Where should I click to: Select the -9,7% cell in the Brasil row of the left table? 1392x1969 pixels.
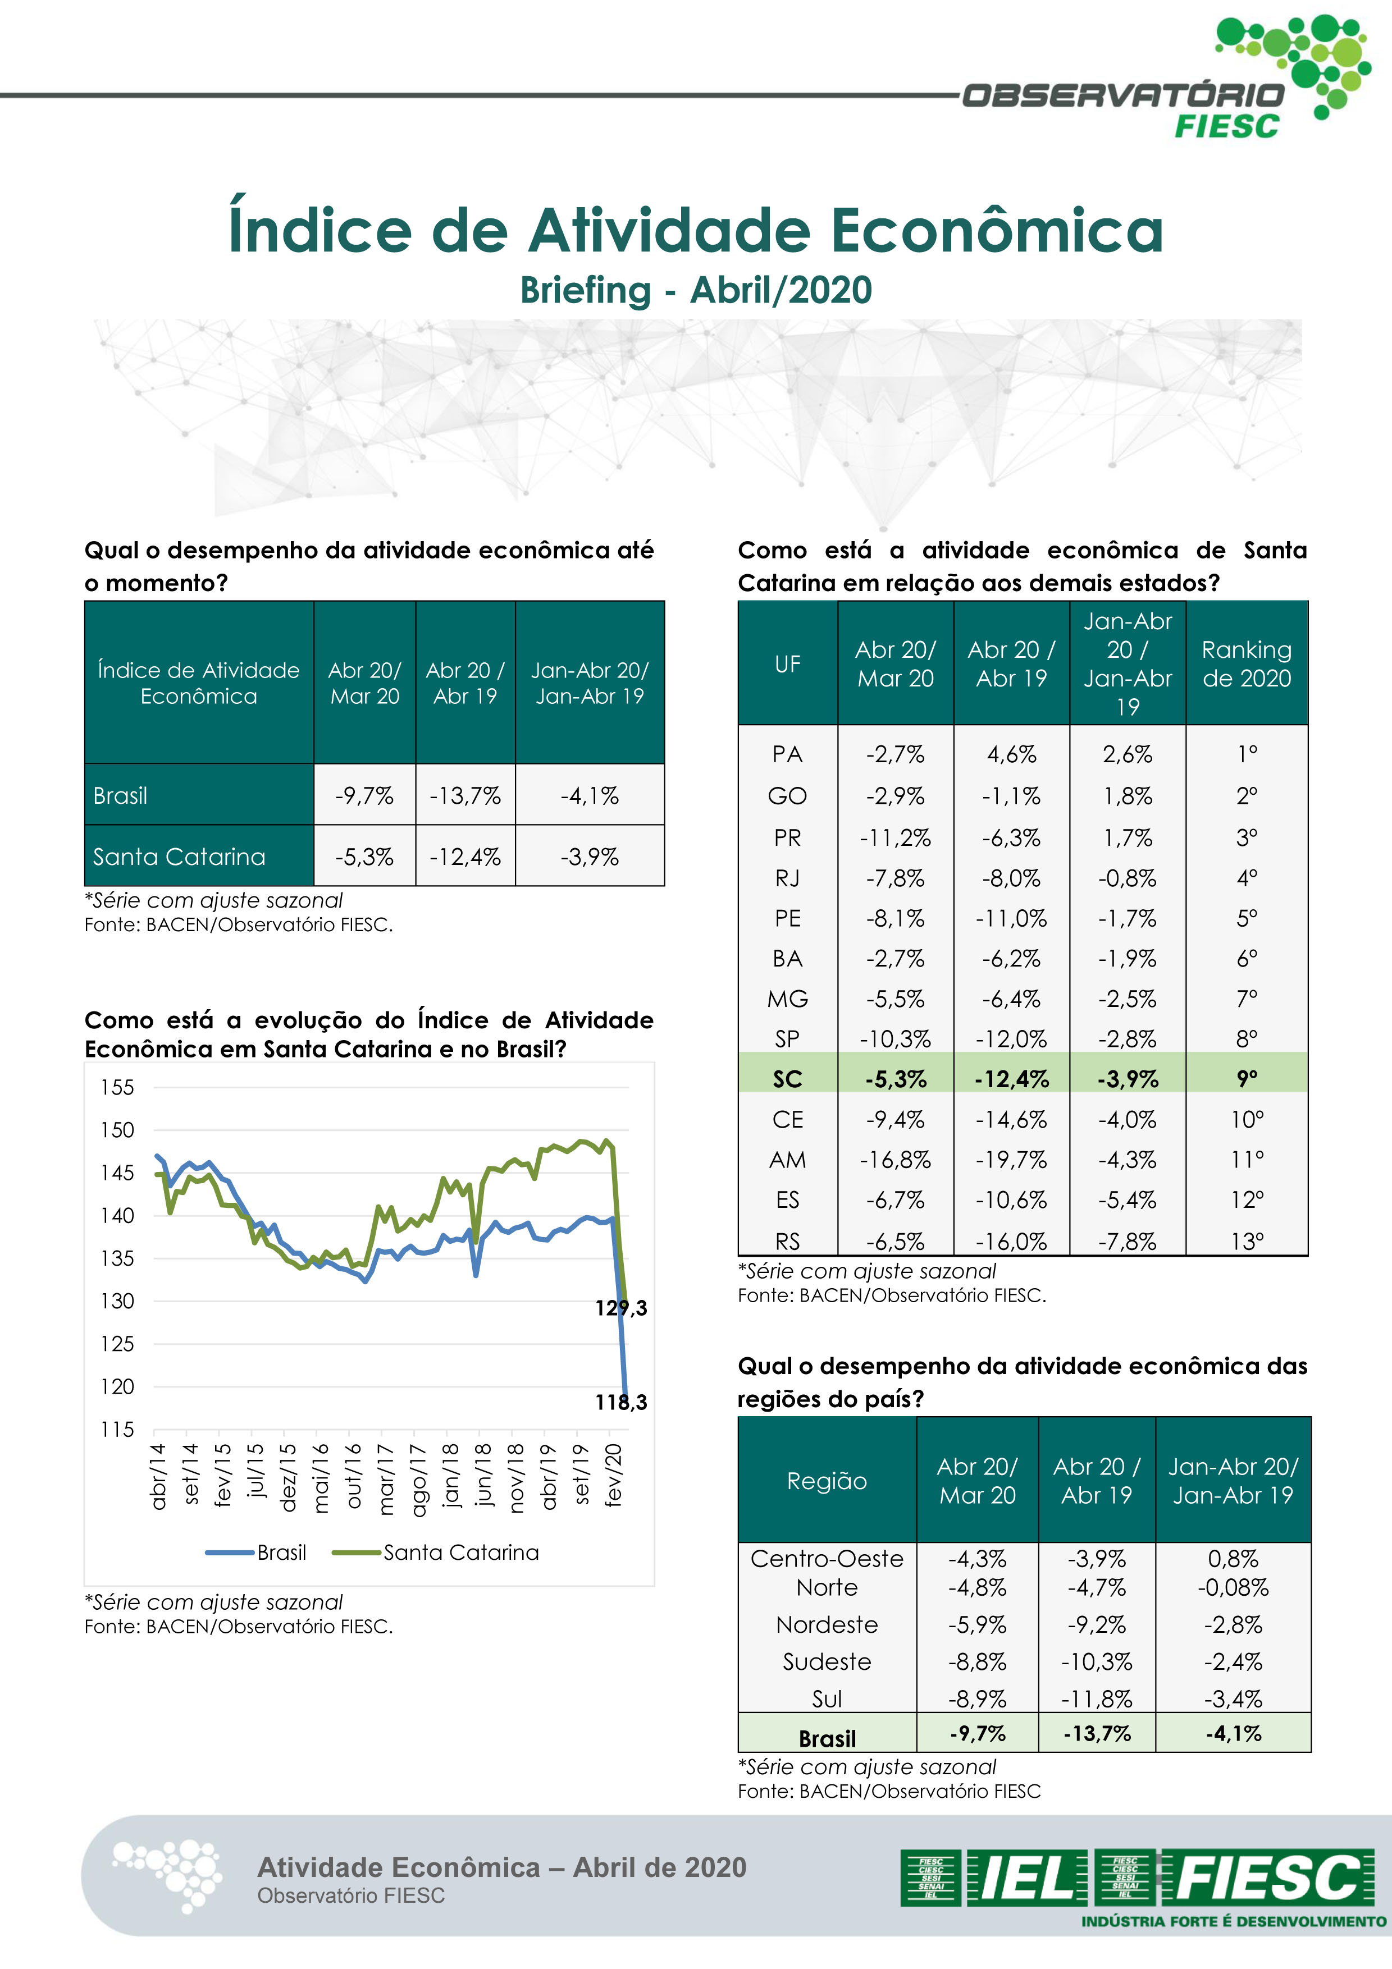pos(364,796)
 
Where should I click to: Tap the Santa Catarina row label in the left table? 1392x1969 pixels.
pos(179,857)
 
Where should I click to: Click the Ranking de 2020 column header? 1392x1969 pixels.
pos(1246,664)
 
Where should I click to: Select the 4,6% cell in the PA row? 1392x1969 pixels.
pos(1011,755)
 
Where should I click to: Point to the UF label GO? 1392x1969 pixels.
pos(787,796)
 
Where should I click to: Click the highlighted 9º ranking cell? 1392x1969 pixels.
pos(1246,1079)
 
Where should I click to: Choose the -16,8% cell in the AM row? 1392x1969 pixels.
pos(896,1160)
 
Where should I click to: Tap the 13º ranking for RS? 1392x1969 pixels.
pos(1246,1241)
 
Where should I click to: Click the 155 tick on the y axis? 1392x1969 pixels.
pos(117,1087)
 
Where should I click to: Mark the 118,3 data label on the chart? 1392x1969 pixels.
pos(621,1402)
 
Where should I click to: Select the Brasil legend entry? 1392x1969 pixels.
pos(281,1552)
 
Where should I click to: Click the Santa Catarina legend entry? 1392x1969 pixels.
pos(460,1552)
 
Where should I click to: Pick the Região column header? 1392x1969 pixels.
pos(827,1481)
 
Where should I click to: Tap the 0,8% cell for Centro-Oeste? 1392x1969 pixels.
pos(1233,1558)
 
